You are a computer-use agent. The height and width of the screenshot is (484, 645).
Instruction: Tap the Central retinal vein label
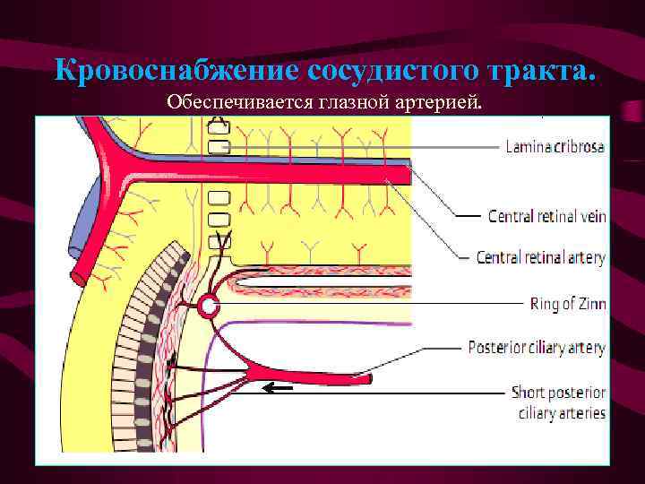(x=546, y=216)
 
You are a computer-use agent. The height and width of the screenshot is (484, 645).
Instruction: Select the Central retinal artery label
(x=541, y=258)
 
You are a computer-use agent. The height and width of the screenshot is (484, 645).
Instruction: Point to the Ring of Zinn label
(x=568, y=304)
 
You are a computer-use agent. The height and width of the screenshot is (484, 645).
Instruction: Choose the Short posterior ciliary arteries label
(x=558, y=402)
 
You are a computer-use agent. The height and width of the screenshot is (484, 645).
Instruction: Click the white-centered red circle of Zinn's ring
(x=209, y=307)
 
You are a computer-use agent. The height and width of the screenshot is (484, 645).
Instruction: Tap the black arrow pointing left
(x=277, y=389)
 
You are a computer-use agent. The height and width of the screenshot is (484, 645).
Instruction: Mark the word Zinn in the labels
(x=591, y=304)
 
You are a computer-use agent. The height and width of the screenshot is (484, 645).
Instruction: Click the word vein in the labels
(x=589, y=216)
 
